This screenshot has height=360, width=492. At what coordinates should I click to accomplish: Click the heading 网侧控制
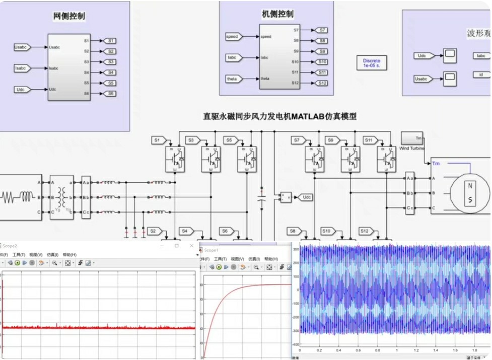69,17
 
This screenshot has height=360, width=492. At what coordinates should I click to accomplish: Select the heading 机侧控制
278,14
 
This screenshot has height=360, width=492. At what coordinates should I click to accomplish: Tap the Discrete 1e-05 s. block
372,63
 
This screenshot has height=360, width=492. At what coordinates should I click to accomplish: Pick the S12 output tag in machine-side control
322,83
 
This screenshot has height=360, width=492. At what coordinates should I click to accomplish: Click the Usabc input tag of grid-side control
23,47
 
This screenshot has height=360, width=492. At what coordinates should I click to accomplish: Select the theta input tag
234,79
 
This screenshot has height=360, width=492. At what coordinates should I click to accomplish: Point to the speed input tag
233,37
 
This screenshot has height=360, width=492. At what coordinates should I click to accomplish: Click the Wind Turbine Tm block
412,138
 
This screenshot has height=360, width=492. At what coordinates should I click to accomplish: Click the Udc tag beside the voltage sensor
306,197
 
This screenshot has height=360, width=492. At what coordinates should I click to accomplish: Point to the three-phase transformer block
61,197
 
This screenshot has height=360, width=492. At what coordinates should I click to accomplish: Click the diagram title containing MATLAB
279,116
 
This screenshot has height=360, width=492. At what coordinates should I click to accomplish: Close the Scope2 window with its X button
191,246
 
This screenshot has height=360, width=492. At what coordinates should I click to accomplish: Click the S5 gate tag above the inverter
230,140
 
